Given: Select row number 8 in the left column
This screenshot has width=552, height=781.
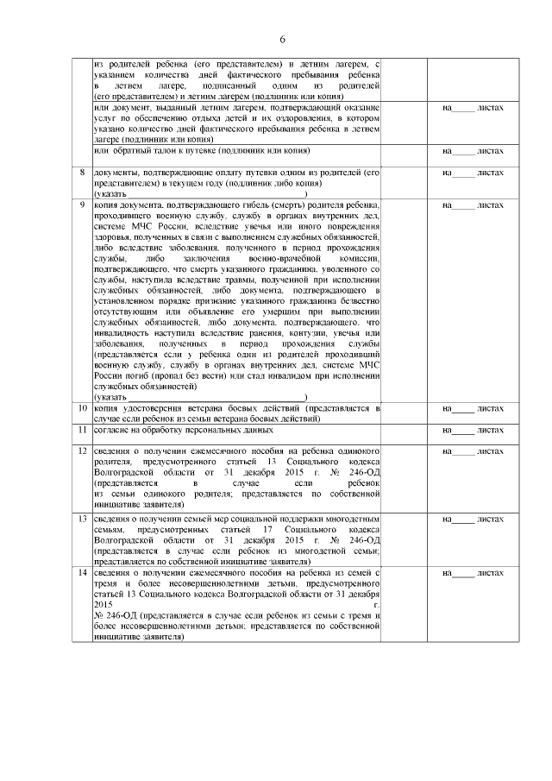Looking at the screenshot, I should tap(83, 173).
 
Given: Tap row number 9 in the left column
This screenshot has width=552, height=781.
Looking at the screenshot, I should tap(83, 205).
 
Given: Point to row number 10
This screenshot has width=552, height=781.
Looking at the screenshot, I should tap(83, 407).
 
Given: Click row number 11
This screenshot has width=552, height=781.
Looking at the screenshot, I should tap(83, 429).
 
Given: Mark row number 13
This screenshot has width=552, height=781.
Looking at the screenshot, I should tap(83, 519).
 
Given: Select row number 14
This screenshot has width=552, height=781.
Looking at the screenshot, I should tap(83, 573).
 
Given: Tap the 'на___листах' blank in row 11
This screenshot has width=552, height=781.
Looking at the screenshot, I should tap(472, 430).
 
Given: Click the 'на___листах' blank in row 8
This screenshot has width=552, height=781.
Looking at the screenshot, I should tap(472, 173).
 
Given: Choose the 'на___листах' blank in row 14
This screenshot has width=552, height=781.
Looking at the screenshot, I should tap(472, 574).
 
